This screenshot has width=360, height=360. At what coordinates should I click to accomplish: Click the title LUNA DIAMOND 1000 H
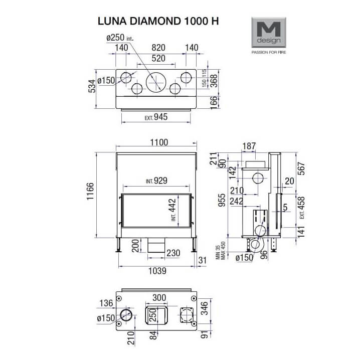(x=158, y=22)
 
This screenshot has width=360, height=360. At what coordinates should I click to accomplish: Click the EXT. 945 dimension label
(x=155, y=117)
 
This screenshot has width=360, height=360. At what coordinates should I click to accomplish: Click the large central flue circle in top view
(x=155, y=81)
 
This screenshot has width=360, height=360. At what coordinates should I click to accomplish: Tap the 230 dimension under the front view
(x=173, y=253)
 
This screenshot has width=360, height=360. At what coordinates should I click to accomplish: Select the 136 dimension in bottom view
(x=106, y=303)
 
